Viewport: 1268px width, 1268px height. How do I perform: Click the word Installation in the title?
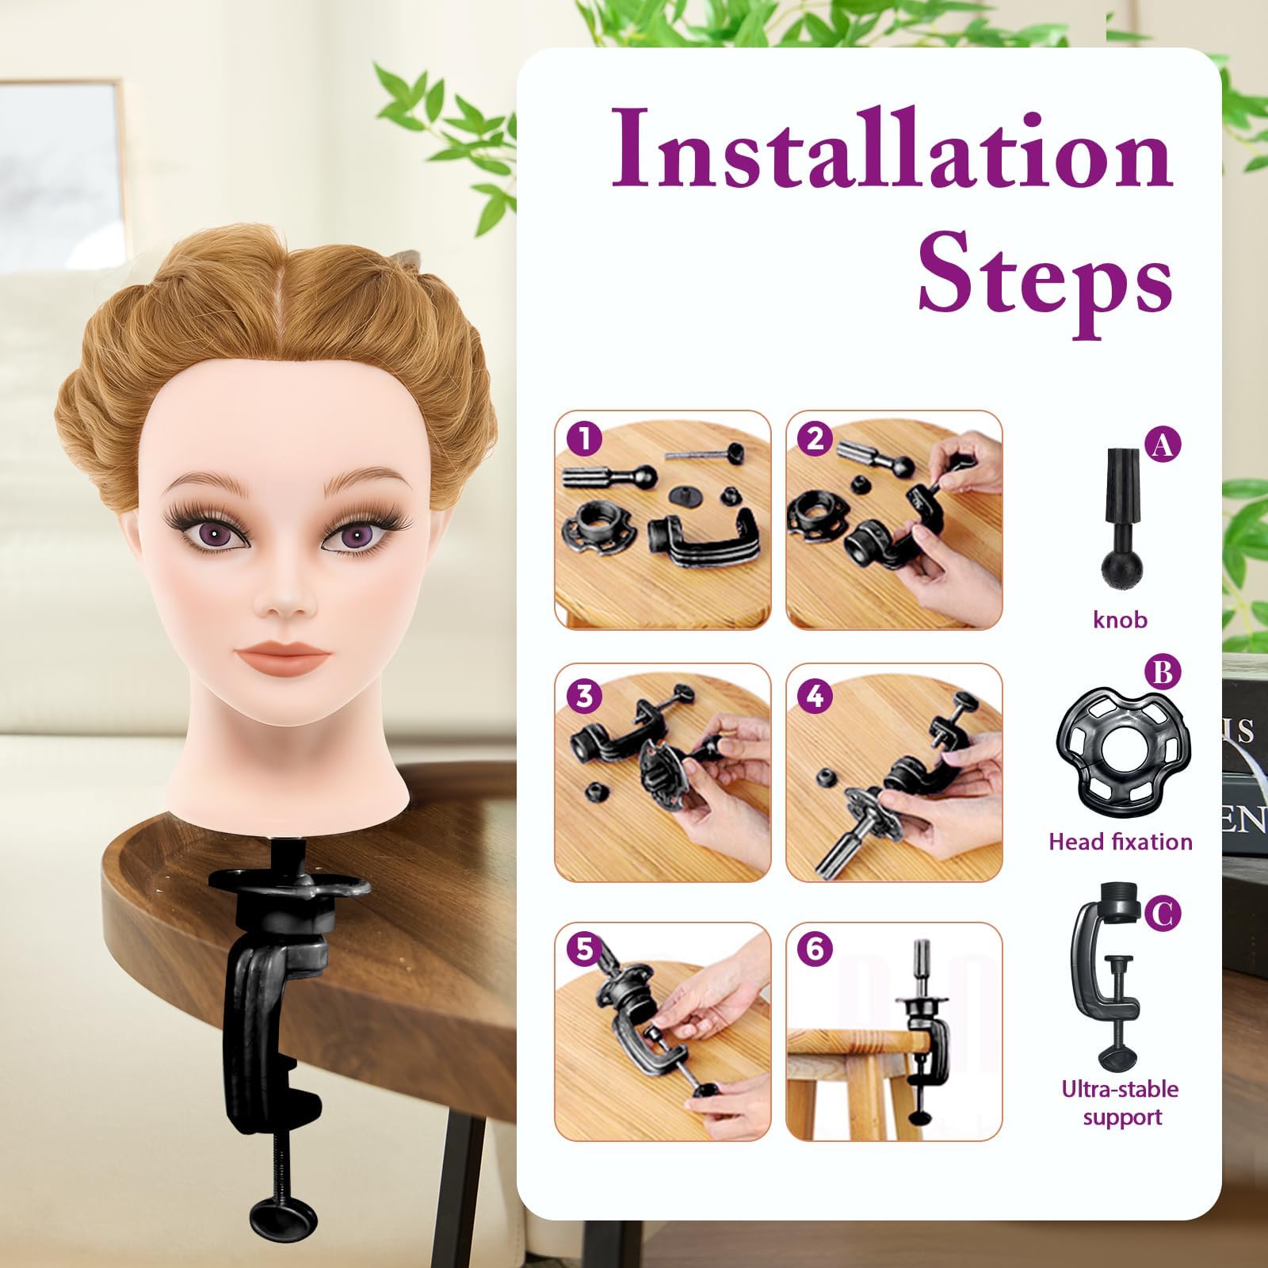click(x=892, y=150)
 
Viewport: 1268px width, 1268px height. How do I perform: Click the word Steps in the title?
click(x=1045, y=276)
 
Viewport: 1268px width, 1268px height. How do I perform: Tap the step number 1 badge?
click(x=585, y=437)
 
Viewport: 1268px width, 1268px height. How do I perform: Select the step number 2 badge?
click(x=815, y=437)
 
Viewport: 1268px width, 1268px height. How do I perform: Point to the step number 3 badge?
click(x=585, y=695)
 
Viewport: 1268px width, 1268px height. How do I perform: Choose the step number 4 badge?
click(x=815, y=695)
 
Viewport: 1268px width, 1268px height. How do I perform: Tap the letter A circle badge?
click(x=1162, y=445)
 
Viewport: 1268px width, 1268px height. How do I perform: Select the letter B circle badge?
click(x=1162, y=673)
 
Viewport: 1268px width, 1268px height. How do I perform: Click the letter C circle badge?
click(x=1162, y=914)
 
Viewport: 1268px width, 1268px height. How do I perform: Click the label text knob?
click(x=1120, y=618)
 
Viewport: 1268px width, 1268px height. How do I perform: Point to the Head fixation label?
click(x=1120, y=841)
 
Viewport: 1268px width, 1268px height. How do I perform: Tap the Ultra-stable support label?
click(x=1120, y=1102)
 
